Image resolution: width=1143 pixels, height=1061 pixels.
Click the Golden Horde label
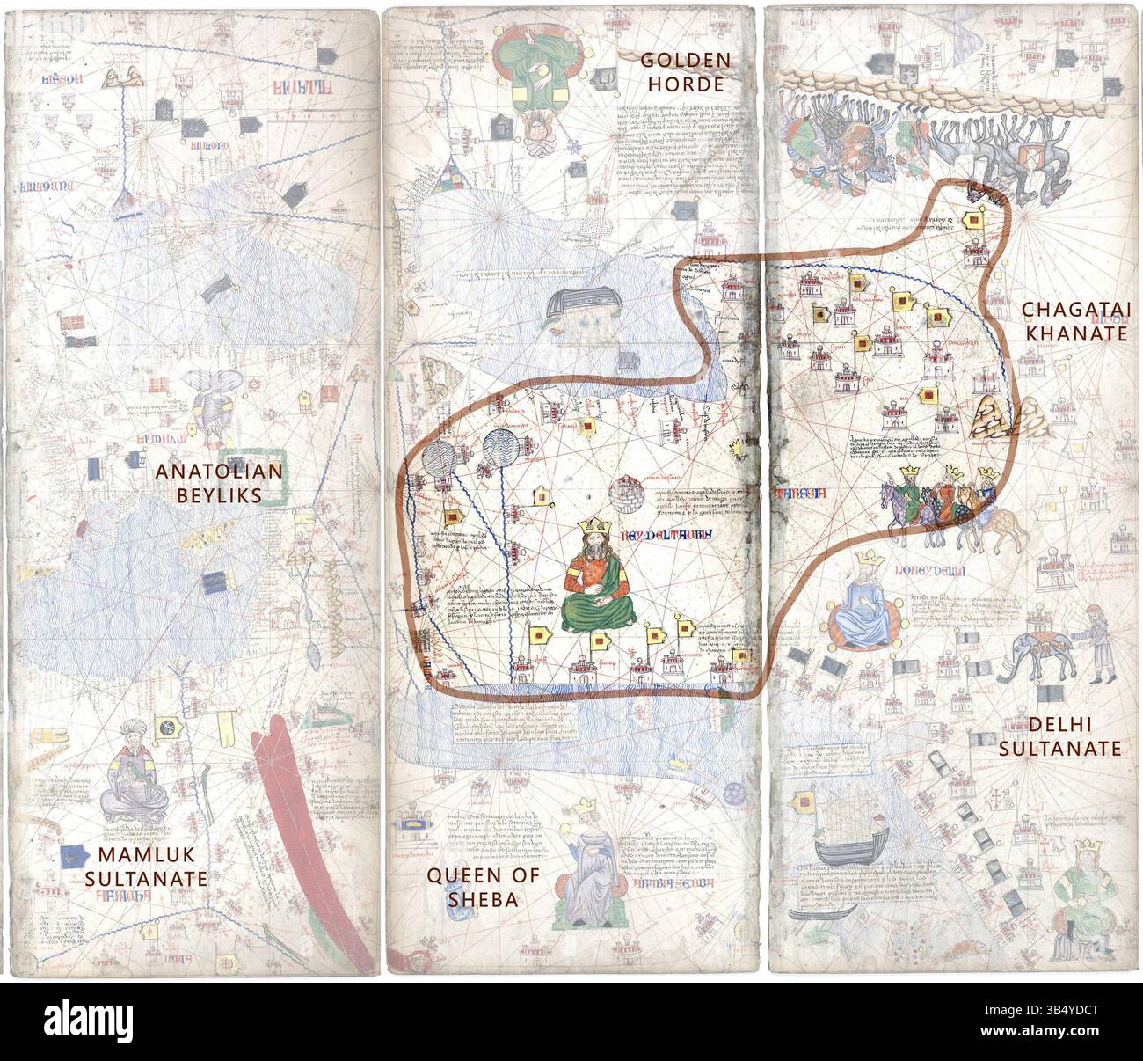point(685,72)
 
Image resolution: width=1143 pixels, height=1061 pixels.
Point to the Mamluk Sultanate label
point(153,867)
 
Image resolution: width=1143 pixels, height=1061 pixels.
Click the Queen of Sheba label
point(471,887)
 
